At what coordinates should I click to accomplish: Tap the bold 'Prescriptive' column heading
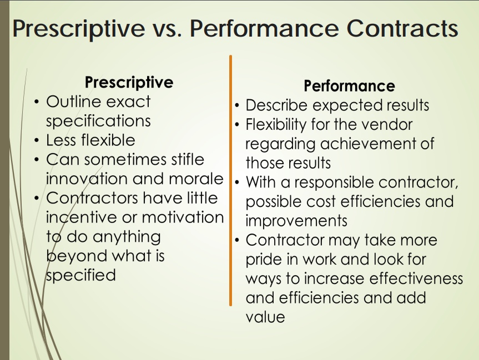click(129, 83)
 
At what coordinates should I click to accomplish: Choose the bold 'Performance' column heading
click(349, 86)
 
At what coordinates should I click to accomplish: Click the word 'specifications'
click(98, 120)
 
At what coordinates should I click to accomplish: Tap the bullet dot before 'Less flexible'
click(36, 140)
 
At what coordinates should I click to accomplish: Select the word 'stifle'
click(182, 160)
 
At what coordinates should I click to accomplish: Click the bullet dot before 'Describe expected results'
click(237, 105)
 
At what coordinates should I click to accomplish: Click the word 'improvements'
click(296, 221)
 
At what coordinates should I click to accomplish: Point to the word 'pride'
click(265, 259)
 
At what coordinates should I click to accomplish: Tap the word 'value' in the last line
click(265, 317)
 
